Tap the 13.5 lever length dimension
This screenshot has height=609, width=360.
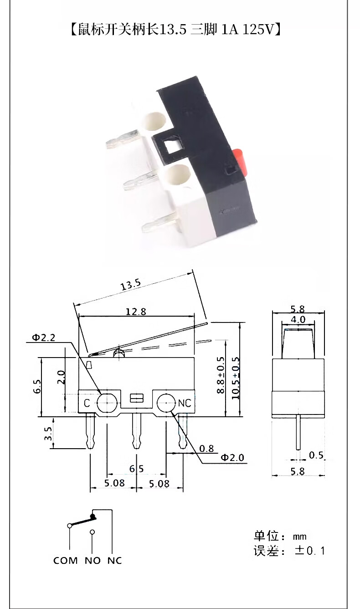[130, 286]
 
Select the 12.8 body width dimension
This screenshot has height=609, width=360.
[136, 312]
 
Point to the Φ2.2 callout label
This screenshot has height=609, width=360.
[43, 338]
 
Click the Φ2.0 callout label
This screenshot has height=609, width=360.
[232, 457]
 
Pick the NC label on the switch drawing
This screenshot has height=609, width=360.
[184, 403]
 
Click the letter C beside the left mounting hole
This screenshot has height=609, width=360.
[87, 403]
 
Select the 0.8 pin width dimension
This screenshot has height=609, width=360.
[206, 449]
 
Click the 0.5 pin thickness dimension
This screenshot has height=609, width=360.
[316, 455]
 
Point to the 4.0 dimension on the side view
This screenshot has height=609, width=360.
[298, 320]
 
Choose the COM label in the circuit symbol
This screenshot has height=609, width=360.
[66, 561]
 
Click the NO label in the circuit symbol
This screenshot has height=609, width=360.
[93, 561]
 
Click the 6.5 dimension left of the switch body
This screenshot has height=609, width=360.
[37, 387]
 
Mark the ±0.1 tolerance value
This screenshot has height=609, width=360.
[310, 551]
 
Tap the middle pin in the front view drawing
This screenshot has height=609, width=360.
[135, 430]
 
